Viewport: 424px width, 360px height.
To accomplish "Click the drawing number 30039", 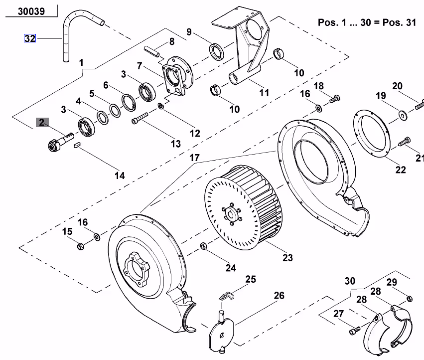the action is [x=31, y=11].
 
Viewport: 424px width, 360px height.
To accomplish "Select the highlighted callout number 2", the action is [x=42, y=122].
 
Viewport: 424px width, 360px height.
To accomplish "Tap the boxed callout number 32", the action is [x=30, y=38].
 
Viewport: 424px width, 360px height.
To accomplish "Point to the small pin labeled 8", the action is [x=151, y=51].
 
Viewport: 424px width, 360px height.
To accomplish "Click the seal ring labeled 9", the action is [x=217, y=51].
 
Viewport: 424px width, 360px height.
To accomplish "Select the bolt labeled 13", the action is [x=140, y=118].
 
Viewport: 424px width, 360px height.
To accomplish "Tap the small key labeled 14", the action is [x=77, y=145].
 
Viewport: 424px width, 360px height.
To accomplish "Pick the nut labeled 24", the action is [x=203, y=246].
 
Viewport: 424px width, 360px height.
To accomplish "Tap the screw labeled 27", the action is [x=355, y=331].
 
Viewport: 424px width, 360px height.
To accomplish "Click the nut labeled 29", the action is [x=410, y=299].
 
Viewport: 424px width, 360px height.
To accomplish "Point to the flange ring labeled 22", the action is [x=372, y=134].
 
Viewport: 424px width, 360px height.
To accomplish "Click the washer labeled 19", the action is [x=403, y=115].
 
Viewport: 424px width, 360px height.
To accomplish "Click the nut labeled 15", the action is [x=80, y=246].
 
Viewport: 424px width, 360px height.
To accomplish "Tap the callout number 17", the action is [x=194, y=158].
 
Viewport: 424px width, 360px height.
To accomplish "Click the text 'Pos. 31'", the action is [x=399, y=22].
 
